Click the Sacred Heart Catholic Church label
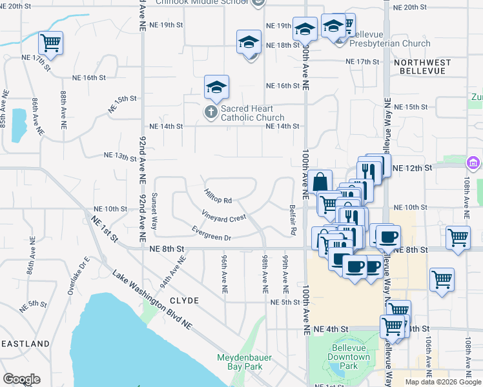(252, 114)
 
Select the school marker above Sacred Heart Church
(217, 87)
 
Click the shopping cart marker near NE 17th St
(50, 43)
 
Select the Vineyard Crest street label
(223, 217)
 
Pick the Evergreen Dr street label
(211, 233)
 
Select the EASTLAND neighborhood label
(25, 344)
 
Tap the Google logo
(21, 379)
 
